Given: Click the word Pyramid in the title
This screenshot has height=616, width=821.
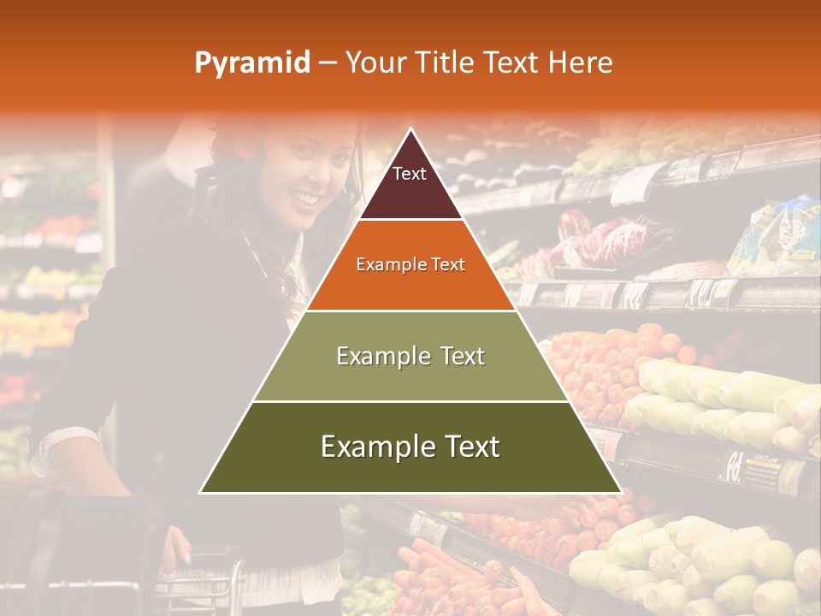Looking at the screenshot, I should click(x=251, y=63).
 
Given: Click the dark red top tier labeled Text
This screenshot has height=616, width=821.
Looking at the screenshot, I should click(x=410, y=184).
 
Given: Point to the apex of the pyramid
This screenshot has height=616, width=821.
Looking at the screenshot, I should click(x=410, y=130).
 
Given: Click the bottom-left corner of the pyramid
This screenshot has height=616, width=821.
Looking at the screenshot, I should click(x=200, y=492).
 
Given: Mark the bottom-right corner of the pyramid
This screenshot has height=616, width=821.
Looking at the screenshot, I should click(x=621, y=492).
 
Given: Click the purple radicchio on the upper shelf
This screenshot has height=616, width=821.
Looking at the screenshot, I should click(x=599, y=240).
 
